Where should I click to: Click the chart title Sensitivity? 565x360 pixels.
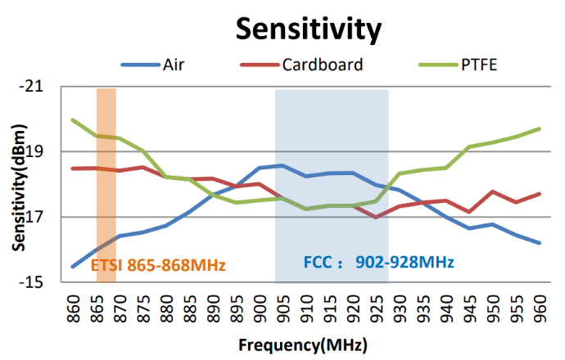point(309,29)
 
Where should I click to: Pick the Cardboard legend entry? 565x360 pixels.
point(320,65)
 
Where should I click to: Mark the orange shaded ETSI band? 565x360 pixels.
point(106,164)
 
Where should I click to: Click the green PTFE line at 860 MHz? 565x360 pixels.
point(74,120)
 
